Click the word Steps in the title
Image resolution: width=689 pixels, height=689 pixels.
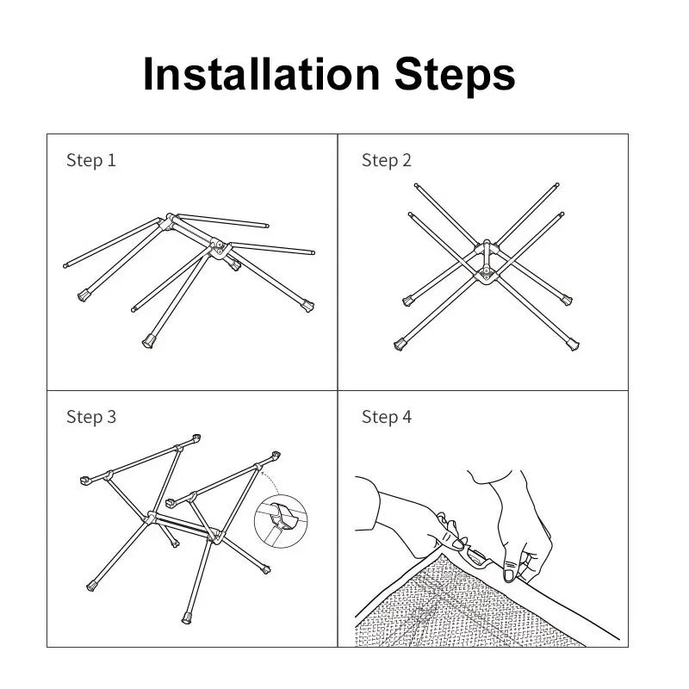pyautogui.click(x=456, y=75)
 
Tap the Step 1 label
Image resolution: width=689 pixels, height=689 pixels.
pyautogui.click(x=90, y=160)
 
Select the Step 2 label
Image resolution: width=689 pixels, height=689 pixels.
pyautogui.click(x=386, y=160)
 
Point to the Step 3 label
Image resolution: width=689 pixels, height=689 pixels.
pyautogui.click(x=90, y=417)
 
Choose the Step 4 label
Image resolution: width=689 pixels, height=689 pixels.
pyautogui.click(x=386, y=417)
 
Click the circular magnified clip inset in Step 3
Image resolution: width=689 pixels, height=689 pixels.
pyautogui.click(x=281, y=522)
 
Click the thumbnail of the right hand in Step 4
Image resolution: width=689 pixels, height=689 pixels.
pyautogui.click(x=511, y=573)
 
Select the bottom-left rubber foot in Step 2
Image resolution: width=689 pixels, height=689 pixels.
pyautogui.click(x=400, y=344)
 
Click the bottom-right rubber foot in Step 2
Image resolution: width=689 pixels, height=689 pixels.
pyautogui.click(x=573, y=344)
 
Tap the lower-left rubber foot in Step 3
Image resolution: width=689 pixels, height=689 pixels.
pyautogui.click(x=91, y=587)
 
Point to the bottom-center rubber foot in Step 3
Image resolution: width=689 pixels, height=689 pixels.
pyautogui.click(x=186, y=617)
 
